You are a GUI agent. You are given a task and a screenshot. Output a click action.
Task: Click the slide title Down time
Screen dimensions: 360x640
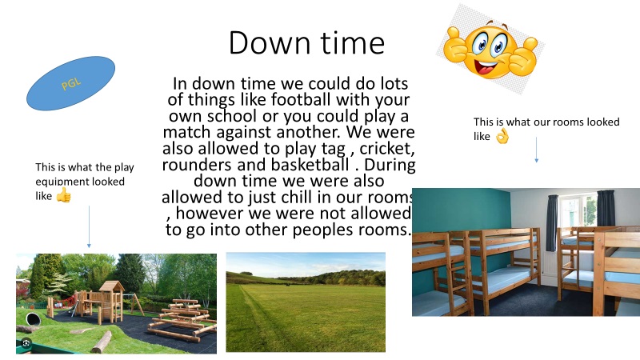[x=306, y=43]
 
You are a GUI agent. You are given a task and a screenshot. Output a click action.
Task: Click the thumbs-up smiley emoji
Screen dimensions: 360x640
[x=491, y=50]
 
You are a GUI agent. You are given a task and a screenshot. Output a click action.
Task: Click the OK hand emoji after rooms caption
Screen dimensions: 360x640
[x=502, y=137]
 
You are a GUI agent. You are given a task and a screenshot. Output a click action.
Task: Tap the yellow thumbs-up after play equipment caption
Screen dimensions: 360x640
[x=64, y=195]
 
